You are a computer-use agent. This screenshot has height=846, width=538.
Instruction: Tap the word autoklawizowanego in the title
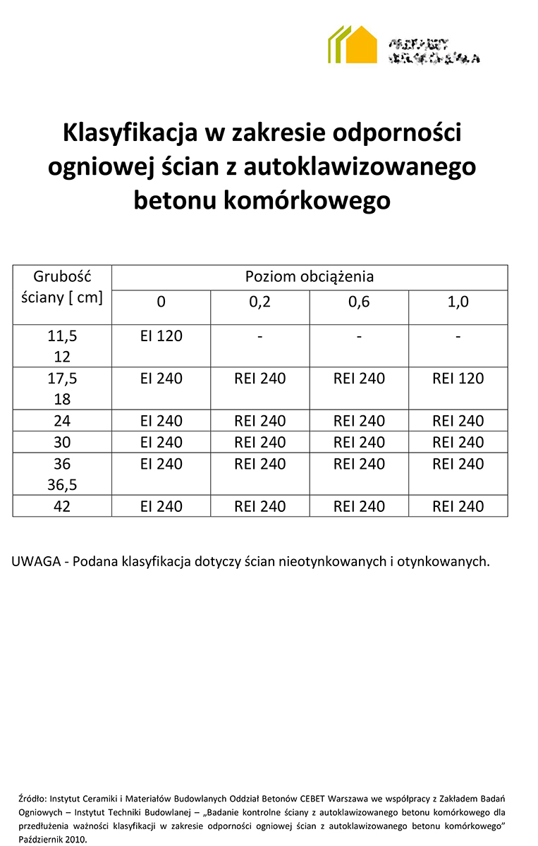pos(360,166)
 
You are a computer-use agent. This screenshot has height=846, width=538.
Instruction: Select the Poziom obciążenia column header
pos(310,277)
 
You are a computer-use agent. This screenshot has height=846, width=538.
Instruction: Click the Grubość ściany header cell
pos(62,286)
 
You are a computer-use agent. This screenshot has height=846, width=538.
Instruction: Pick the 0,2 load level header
pos(259,302)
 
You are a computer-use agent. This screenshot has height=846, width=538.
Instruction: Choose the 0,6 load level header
pos(359,302)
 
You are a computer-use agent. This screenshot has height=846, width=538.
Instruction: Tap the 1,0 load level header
pos(458,302)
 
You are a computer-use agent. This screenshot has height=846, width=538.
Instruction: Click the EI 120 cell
pos(161,336)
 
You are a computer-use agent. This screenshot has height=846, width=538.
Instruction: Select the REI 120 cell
pos(458,379)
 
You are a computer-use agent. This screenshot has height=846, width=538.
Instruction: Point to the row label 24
pos(62,421)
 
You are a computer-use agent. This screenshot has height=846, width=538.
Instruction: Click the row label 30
pos(62,442)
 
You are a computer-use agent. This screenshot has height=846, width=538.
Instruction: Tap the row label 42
pos(62,506)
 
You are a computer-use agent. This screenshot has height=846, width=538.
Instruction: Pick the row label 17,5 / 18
pos(62,388)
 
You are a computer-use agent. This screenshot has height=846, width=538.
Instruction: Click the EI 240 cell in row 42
pos(161,506)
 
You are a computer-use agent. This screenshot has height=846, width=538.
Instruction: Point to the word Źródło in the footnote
pos(32,799)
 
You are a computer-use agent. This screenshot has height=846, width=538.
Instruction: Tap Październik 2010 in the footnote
pos(53,840)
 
